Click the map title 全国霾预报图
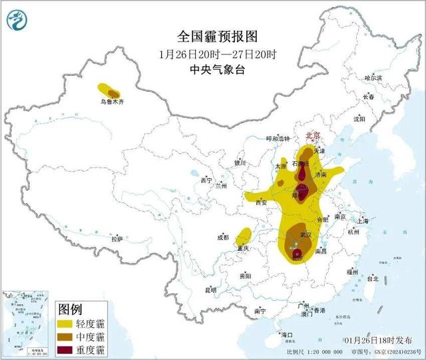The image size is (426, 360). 217,36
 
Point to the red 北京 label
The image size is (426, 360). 312,136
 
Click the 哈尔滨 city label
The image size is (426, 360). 373,78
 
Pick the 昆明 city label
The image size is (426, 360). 211,290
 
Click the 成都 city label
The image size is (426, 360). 222,237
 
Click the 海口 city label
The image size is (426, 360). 288,333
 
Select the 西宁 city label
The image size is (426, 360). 206,180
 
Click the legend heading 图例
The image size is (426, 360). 71,309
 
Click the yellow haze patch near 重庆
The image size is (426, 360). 244,235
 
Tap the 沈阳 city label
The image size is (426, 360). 359,119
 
